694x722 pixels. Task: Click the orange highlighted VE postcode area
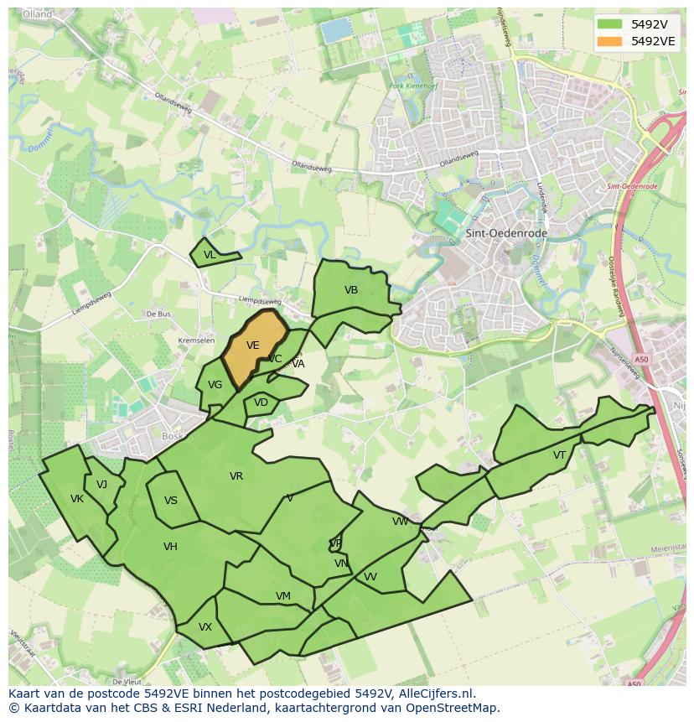click(254, 345)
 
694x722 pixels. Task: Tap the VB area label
click(351, 290)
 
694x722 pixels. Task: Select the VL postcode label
click(210, 255)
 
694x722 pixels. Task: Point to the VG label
click(215, 385)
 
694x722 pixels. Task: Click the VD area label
click(261, 403)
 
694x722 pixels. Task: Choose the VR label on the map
click(236, 476)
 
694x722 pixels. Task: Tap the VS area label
click(171, 501)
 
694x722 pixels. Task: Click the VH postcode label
click(170, 547)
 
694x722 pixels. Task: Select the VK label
click(77, 499)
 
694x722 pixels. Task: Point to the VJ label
click(101, 484)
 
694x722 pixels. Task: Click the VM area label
click(283, 596)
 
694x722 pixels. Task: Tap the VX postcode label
click(205, 627)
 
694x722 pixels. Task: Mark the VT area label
click(559, 455)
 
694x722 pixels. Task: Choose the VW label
click(401, 522)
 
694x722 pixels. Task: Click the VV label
click(370, 577)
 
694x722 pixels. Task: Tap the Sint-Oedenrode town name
click(495, 233)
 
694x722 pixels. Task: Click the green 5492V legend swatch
click(609, 23)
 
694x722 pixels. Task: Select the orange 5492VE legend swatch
click(609, 41)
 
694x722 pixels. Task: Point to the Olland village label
click(38, 15)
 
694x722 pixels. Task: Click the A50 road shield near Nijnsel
click(641, 360)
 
